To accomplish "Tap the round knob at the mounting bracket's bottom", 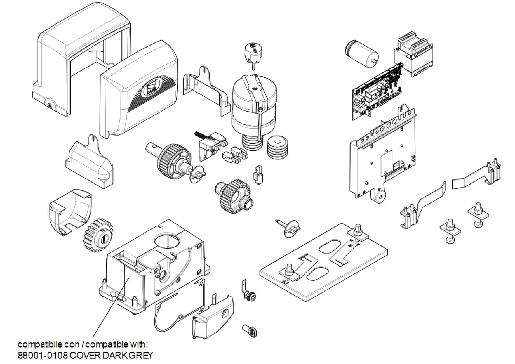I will click(379, 197).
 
